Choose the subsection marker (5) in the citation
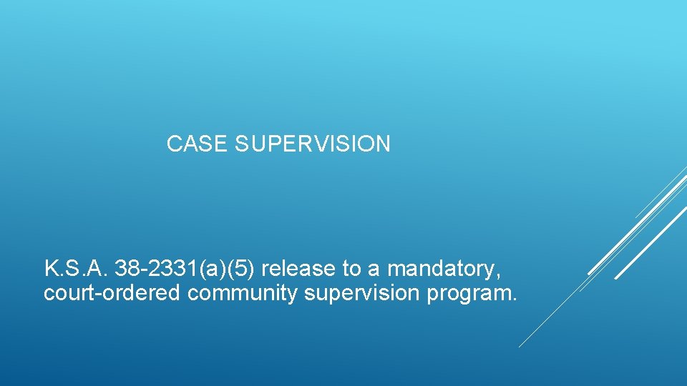click(x=244, y=269)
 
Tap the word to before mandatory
click(x=352, y=269)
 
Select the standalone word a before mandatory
click(x=376, y=269)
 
